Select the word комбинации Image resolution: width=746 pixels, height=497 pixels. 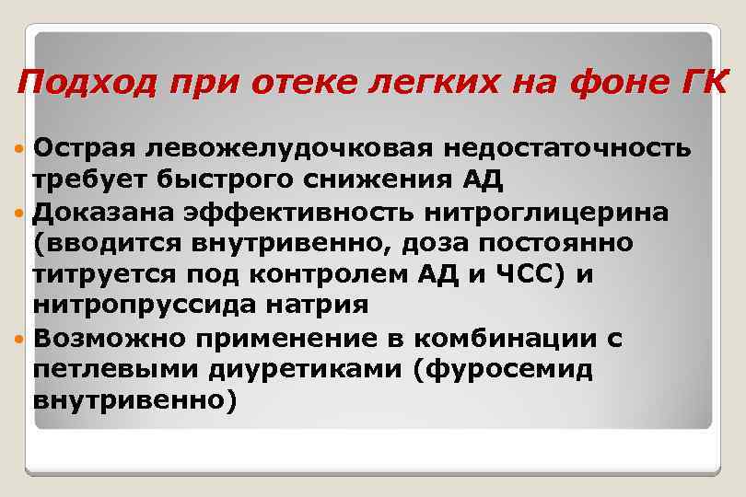[x=505, y=337]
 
